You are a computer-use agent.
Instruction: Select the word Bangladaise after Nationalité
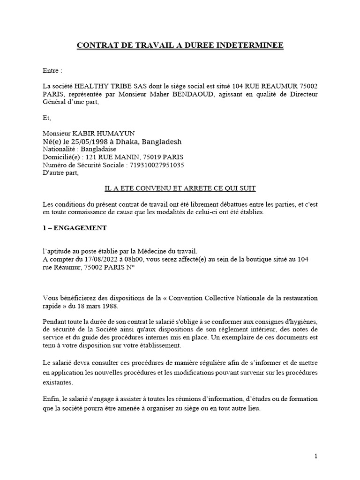pos(101,149)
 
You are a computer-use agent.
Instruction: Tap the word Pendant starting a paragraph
pos(56,321)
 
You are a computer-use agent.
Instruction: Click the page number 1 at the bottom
pos(316,456)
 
